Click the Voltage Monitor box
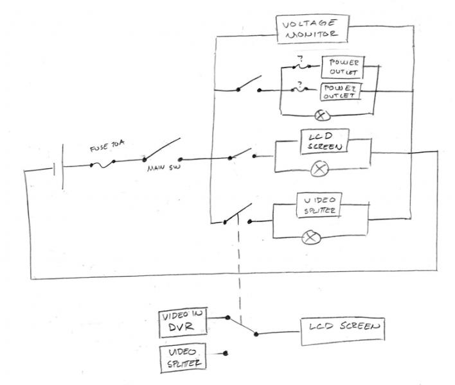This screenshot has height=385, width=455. coord(312,29)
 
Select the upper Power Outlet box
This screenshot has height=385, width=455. coord(343,67)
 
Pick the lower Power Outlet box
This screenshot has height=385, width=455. coord(341,92)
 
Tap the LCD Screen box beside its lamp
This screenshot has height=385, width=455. coord(325,141)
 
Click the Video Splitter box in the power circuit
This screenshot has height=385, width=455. coord(319,205)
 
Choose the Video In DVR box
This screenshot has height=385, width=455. coord(183,322)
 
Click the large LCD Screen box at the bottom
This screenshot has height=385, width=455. coord(343,331)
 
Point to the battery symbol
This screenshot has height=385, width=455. coord(58,167)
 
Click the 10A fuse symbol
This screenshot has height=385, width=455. coord(102,164)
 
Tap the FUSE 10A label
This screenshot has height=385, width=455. coord(107,146)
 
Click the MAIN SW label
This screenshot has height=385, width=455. coord(164,167)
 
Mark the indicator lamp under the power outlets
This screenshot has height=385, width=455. coord(323,116)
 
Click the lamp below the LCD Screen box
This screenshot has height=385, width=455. coord(319,169)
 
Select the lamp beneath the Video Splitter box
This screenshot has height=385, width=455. coord(311,238)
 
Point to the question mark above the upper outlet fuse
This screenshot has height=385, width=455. coord(301,59)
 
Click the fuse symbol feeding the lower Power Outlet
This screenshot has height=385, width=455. coord(300,90)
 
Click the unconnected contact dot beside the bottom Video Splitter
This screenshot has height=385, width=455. coord(225,353)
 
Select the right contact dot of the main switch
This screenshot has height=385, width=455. coord(180,159)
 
